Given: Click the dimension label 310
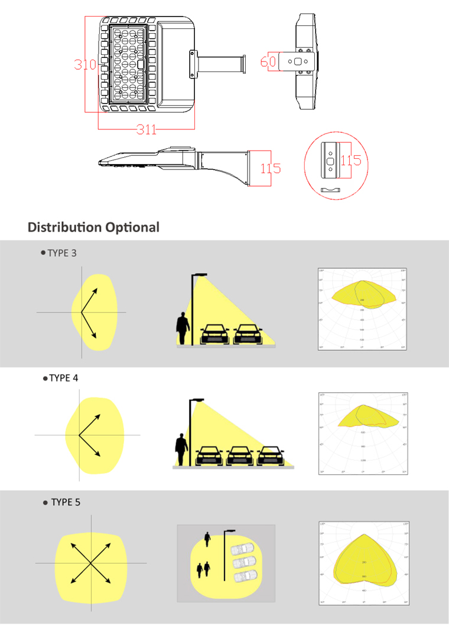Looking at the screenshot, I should pyautogui.click(x=85, y=64).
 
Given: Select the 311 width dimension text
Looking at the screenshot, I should pyautogui.click(x=147, y=129).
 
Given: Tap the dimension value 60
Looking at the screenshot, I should pyautogui.click(x=268, y=61).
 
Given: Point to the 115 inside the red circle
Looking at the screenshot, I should pyautogui.click(x=350, y=160).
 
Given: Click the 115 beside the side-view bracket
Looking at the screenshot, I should pyautogui.click(x=271, y=168).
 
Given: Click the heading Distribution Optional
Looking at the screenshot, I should pyautogui.click(x=93, y=227).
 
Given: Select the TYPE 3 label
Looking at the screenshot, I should pyautogui.click(x=61, y=253).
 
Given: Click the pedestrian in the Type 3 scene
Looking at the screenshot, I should pyautogui.click(x=183, y=329).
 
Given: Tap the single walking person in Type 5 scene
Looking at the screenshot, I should pyautogui.click(x=207, y=539).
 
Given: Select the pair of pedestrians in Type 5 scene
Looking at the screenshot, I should pyautogui.click(x=204, y=569).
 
